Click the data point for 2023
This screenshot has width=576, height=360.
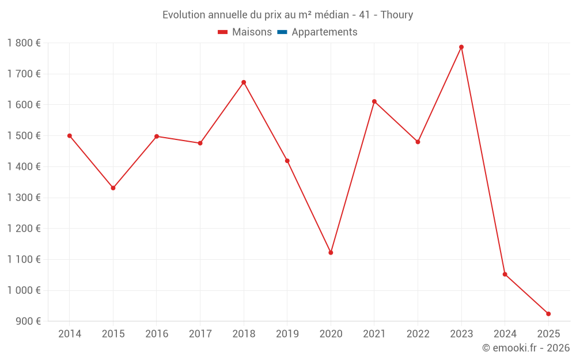(461, 47)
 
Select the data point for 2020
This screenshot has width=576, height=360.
(331, 253)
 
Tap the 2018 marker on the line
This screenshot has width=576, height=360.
(244, 82)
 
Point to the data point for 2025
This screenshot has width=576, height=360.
(548, 314)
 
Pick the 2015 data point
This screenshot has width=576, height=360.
(113, 188)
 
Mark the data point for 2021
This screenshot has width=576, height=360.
(374, 101)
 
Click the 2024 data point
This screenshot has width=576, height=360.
(505, 274)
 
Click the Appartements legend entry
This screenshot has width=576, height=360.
(324, 32)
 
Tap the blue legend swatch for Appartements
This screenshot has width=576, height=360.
(282, 32)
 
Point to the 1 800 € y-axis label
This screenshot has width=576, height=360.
(24, 43)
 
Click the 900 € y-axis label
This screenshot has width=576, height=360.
(27, 321)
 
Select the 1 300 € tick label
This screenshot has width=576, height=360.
(24, 198)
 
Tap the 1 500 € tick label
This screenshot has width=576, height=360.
(24, 136)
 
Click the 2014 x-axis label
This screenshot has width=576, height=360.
(70, 334)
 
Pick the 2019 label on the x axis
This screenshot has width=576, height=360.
(287, 334)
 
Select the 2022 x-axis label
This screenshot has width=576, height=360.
(418, 334)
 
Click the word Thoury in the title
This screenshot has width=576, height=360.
(397, 15)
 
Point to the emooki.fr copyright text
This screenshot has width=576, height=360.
(526, 348)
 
